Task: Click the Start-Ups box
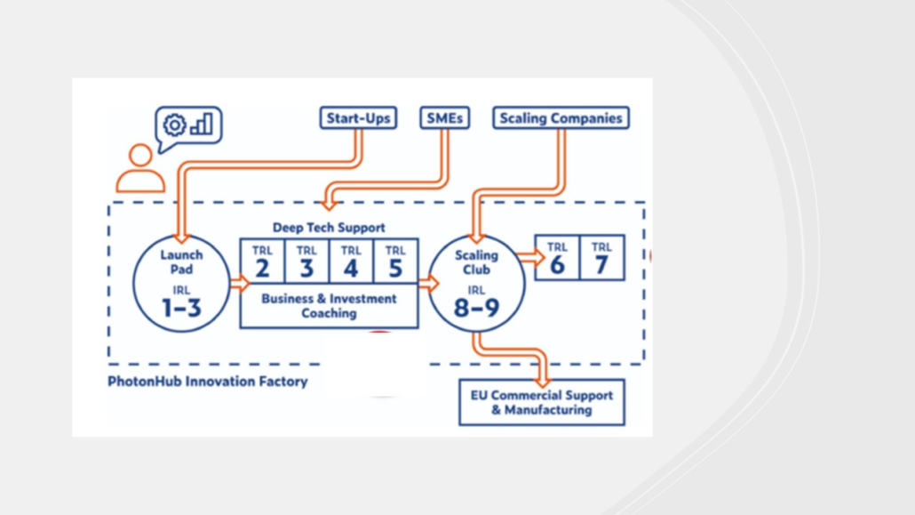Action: (x=358, y=118)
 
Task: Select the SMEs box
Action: (x=444, y=118)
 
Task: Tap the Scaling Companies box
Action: (x=561, y=118)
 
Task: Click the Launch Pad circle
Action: (x=181, y=283)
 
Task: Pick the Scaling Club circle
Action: (x=476, y=283)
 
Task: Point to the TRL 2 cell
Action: (x=262, y=262)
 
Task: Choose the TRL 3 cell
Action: (x=306, y=262)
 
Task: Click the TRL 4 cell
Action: (x=351, y=262)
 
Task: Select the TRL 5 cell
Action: (x=395, y=262)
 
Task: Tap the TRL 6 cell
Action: (x=557, y=258)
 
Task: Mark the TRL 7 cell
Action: (x=601, y=258)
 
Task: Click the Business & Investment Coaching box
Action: (x=329, y=306)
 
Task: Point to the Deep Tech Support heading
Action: (x=329, y=228)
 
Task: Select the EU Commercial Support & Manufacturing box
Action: (x=541, y=403)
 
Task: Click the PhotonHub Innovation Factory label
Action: (x=207, y=382)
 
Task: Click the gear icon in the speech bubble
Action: (x=175, y=125)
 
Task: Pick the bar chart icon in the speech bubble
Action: (x=202, y=125)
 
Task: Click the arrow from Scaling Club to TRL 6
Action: (x=530, y=258)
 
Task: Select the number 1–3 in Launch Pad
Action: (x=181, y=308)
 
